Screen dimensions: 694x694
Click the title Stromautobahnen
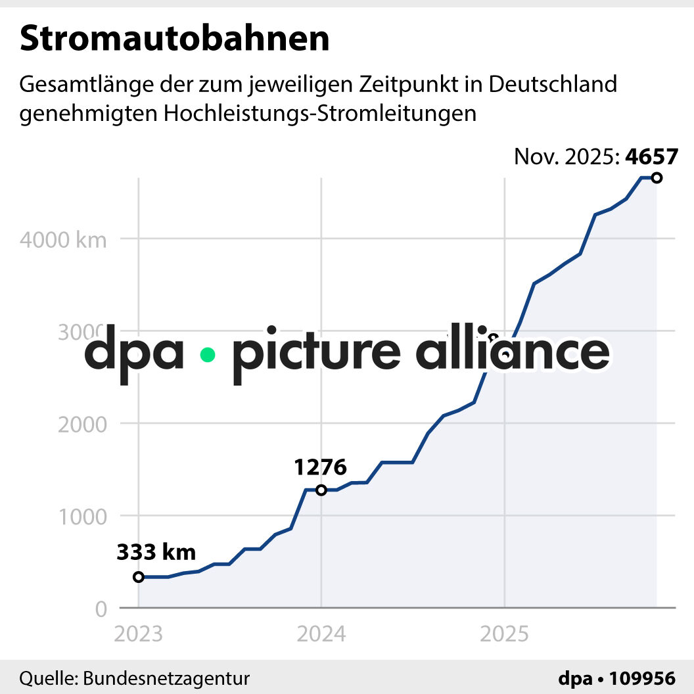(x=174, y=39)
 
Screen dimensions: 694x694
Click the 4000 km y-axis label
(x=63, y=240)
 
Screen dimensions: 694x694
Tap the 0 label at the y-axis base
(x=101, y=609)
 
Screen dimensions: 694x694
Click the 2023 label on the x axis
(x=138, y=634)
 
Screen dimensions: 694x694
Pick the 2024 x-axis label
(x=321, y=634)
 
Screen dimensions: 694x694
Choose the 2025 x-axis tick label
(x=504, y=634)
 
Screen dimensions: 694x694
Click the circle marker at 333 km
(x=138, y=577)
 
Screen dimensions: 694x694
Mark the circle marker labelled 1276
(x=321, y=490)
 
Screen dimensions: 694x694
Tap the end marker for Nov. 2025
(x=656, y=178)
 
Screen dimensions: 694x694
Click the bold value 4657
(x=651, y=157)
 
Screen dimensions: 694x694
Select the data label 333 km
(x=156, y=553)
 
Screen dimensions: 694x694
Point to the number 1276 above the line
(x=320, y=467)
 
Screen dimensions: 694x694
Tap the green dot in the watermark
(x=208, y=355)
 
